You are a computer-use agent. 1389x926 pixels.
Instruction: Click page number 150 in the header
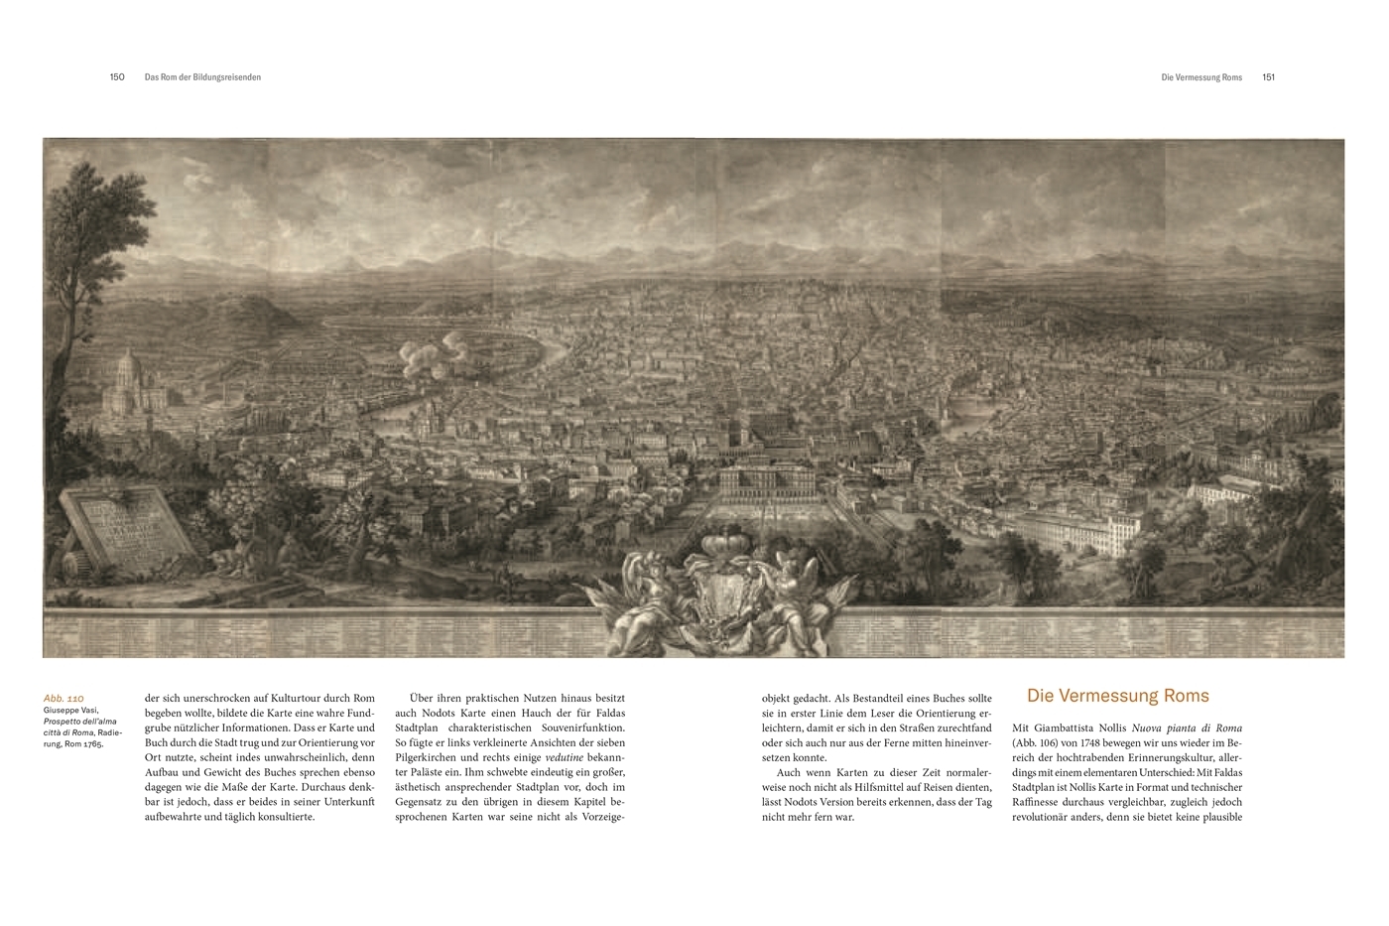click(117, 77)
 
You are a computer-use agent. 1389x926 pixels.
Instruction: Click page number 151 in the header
click(1268, 77)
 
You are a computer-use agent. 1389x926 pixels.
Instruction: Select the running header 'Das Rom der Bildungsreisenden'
click(202, 77)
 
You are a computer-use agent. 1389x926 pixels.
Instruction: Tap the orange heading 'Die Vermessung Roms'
click(1117, 697)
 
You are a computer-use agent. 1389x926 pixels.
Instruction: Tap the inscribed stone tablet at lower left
click(127, 525)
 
